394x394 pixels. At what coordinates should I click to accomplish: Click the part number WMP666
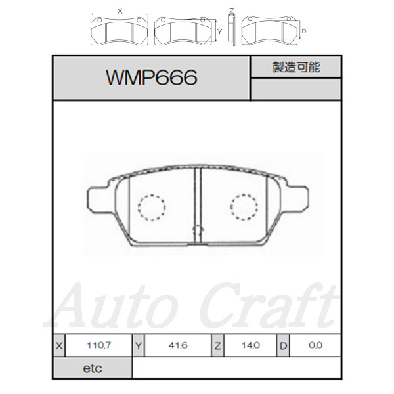tap(152, 77)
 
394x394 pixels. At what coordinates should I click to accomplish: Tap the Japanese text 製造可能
tap(296, 67)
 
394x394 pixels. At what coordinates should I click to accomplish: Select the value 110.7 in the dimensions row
tap(98, 345)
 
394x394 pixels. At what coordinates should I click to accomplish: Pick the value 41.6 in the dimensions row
tap(178, 345)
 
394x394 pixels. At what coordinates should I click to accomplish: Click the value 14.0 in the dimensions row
tap(251, 345)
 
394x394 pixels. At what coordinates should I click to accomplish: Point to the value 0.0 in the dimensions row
tap(315, 345)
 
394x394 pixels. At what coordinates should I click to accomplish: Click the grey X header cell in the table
tap(59, 345)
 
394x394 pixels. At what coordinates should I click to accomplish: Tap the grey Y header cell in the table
tap(139, 345)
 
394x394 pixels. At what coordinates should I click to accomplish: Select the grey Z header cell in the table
tap(217, 345)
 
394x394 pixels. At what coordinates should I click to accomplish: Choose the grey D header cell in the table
tap(283, 345)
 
